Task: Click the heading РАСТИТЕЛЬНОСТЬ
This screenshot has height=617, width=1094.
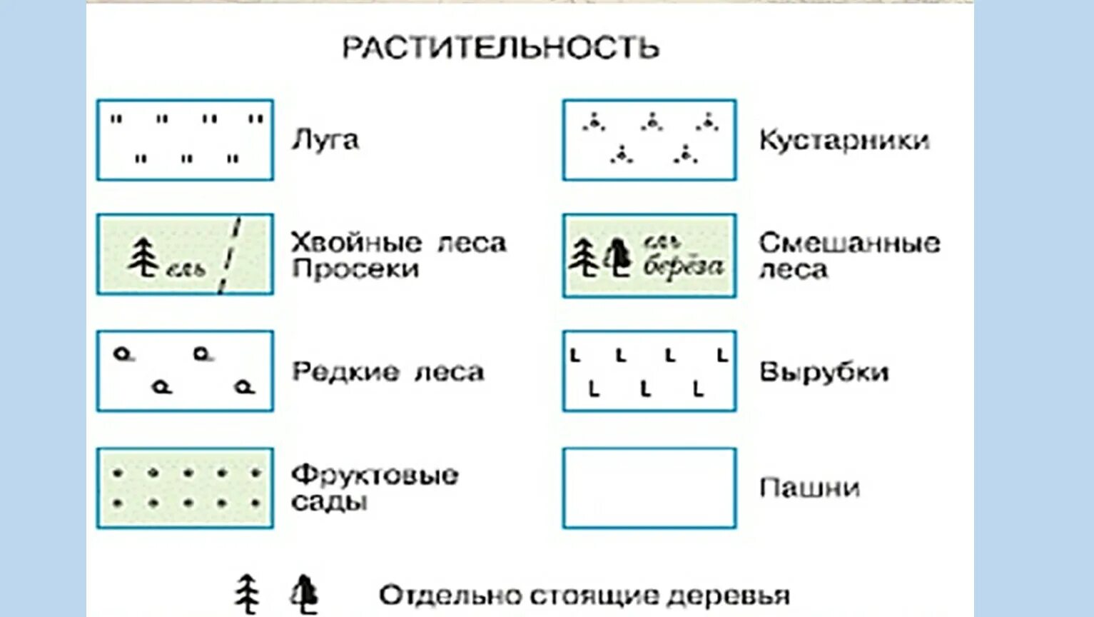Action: pos(501,48)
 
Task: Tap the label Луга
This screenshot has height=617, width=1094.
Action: pos(325,140)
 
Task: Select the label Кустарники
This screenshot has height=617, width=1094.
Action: pos(844,140)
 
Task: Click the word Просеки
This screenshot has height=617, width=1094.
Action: pos(355,269)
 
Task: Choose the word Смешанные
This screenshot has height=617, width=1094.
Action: pos(849,243)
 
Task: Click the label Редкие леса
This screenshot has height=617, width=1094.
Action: pos(388,372)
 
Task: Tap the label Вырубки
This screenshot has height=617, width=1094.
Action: pos(824,372)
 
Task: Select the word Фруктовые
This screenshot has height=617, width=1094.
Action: pos(375,475)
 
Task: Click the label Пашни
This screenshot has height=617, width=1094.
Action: pos(809,488)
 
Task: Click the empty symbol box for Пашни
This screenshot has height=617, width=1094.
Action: pos(649,488)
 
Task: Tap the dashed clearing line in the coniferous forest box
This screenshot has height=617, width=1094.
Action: pos(230,256)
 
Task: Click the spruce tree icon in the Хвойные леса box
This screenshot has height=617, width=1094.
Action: pos(144,257)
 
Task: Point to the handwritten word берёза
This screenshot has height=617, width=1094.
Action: pos(683,266)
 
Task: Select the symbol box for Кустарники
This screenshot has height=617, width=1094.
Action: pos(649,140)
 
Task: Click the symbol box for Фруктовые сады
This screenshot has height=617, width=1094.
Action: pos(185,488)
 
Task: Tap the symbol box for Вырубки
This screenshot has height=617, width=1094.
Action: pos(649,371)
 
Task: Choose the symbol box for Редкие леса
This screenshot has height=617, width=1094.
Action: pos(185,371)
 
